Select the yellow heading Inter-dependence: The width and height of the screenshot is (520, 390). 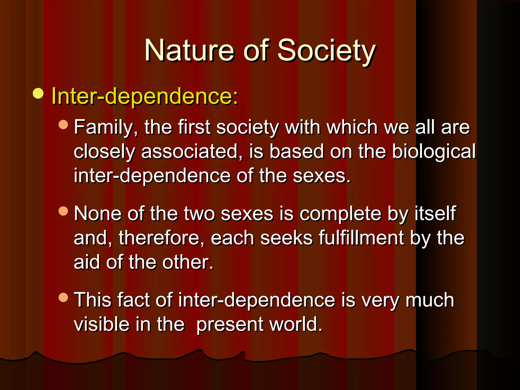(x=145, y=96)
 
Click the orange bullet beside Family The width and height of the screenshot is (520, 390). (x=63, y=124)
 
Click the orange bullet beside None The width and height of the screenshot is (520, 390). (x=63, y=211)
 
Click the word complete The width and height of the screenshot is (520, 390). (x=340, y=214)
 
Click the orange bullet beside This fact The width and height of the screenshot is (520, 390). (x=63, y=297)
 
